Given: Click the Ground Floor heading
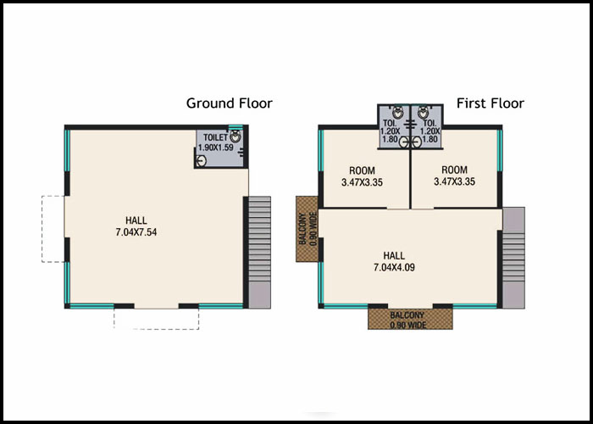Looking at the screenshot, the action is pos(230,103).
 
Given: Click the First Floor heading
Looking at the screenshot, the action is pos(490,103).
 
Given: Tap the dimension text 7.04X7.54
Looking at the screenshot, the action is pos(136,232).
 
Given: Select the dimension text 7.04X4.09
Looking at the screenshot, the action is pos(394,267).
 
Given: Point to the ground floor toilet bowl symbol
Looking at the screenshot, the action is pos(236,137).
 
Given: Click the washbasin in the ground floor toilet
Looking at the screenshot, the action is pos(202,161).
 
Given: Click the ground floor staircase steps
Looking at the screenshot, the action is pos(259,239).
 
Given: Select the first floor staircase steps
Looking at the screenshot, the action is pos(513,257).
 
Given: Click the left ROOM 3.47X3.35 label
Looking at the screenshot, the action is pos(362,176).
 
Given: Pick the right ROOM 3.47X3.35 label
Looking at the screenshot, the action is pos(454,176).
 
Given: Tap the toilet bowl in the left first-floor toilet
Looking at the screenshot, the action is pos(397,112).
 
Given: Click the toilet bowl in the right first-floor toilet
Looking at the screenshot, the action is pos(424,112).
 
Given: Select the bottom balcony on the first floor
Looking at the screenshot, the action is pos(410,319).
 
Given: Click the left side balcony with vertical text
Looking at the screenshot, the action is pos(307,229).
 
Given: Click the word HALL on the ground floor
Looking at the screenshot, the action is pos(136,220).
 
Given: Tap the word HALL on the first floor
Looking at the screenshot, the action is pos(394,255).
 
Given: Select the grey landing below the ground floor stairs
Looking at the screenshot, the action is pos(259,295).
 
